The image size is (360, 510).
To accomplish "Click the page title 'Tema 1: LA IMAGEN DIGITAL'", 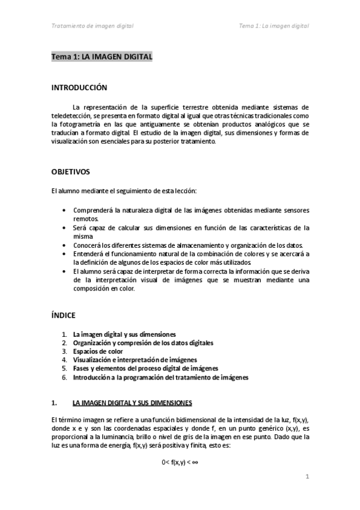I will pyautogui.click(x=102, y=57).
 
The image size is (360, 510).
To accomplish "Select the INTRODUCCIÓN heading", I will pyautogui.click(x=79, y=87).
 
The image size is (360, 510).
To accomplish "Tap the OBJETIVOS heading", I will pyautogui.click(x=71, y=171).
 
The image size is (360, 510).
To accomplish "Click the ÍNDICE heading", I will pyautogui.click(x=64, y=315).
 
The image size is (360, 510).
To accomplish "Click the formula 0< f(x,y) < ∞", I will pyautogui.click(x=180, y=461).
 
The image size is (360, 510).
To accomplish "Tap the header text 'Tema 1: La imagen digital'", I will pyautogui.click(x=273, y=26).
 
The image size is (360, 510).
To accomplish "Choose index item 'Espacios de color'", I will pyautogui.click(x=98, y=351).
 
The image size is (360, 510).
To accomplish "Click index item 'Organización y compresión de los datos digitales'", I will pyautogui.click(x=143, y=343).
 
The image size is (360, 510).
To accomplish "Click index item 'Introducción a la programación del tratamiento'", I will pyautogui.click(x=160, y=377).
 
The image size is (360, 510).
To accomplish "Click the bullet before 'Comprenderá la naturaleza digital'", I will pyautogui.click(x=65, y=210).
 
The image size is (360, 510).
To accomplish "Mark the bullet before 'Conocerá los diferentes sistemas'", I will pyautogui.click(x=65, y=245).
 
